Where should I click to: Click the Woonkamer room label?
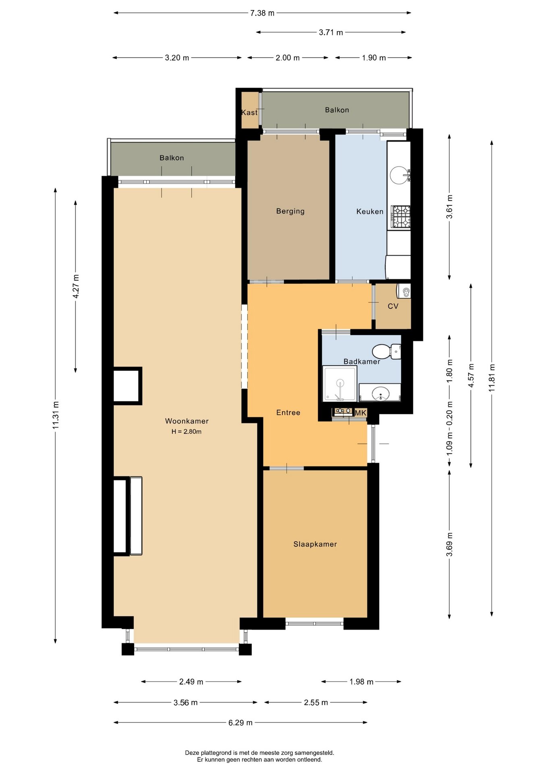pos(187,421)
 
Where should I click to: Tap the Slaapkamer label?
pos(315,544)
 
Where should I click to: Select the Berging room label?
pos(290,211)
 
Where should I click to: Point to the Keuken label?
pos(370,211)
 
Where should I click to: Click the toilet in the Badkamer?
pos(386,351)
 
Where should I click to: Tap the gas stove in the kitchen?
pos(401,217)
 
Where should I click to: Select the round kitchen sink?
pos(400,176)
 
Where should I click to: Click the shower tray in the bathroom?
pos(340,384)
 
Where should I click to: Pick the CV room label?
pos(393,306)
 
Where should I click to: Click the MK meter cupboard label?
pos(361,413)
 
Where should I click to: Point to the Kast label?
pos(249,113)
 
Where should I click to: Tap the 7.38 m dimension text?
pos(262,13)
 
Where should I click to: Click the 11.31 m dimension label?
pos(56,415)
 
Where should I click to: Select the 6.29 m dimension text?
pos(240,723)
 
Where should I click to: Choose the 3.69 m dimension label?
pos(450,544)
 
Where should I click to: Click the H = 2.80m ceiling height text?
pos(186,432)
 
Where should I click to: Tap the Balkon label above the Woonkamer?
pos(172,158)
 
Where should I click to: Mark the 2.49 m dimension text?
pos(191,682)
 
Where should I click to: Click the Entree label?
pos(288,413)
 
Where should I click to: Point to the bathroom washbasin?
pos(380,393)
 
